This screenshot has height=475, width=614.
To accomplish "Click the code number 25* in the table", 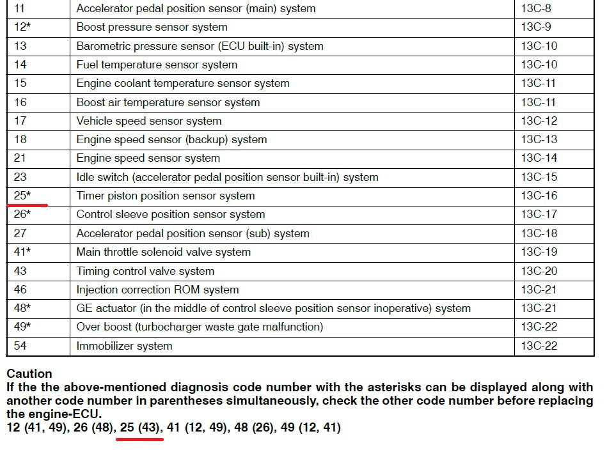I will (x=22, y=196).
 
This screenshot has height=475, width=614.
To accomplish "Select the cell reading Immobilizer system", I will (x=124, y=346).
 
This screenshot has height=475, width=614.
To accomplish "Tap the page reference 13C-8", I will (x=536, y=9).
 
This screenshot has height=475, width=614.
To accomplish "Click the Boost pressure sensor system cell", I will (x=152, y=27).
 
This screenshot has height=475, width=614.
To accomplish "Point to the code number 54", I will (x=20, y=346).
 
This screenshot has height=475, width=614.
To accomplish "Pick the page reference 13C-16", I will (x=539, y=196).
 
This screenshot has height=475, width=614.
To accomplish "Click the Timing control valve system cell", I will (x=145, y=271).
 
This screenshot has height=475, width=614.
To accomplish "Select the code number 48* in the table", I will (x=22, y=308).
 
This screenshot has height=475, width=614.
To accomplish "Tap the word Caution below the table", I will (x=29, y=374).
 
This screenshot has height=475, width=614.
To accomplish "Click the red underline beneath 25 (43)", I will (x=140, y=440).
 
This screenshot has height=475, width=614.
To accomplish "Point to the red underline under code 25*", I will (x=27, y=205).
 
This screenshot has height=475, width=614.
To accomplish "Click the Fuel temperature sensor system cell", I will (x=157, y=65).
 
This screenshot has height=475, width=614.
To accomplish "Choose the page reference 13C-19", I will (x=539, y=252).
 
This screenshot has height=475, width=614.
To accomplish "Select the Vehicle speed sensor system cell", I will (x=149, y=121).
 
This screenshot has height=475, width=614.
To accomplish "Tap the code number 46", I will (x=20, y=290).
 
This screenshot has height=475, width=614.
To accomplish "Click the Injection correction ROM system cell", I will (x=157, y=290).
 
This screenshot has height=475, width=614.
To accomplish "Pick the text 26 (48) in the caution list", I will (x=92, y=427).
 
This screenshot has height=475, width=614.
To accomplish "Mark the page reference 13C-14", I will (x=539, y=159).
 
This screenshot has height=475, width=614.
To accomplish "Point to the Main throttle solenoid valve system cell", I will (x=163, y=252).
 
